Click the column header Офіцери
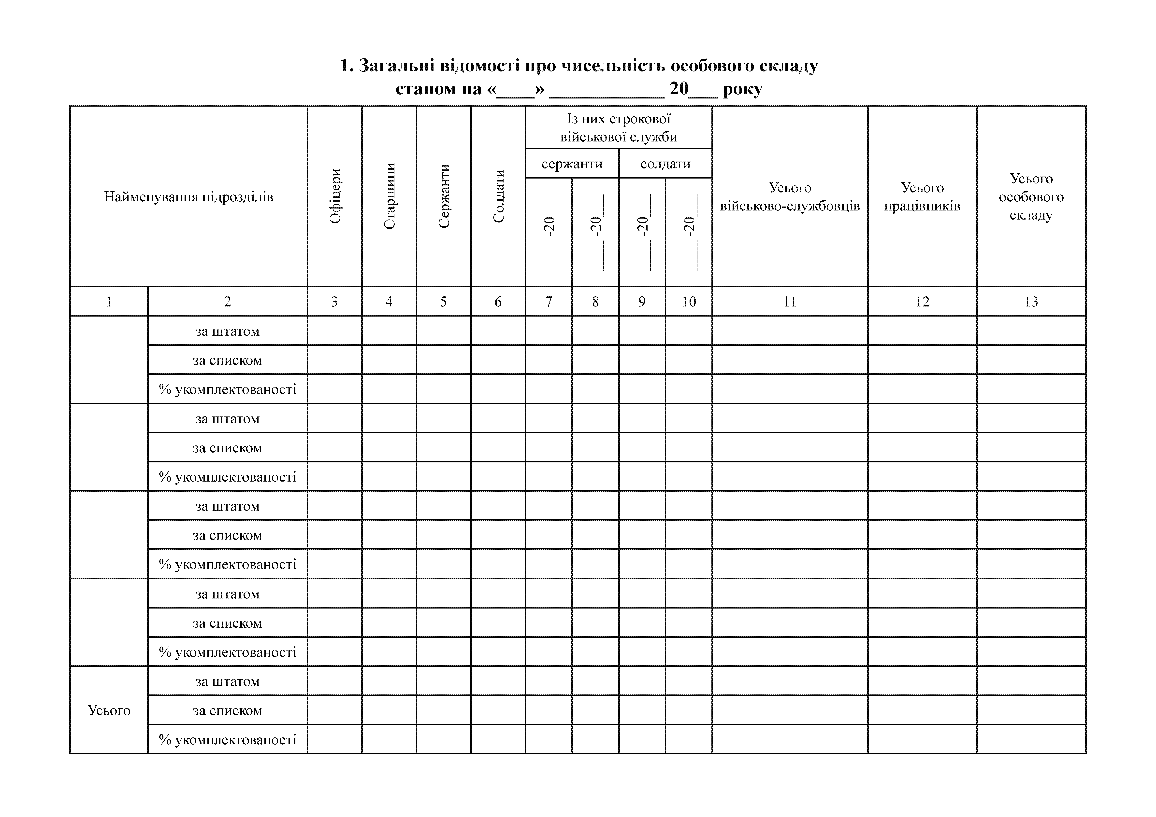tap(335, 196)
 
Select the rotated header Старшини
tap(389, 196)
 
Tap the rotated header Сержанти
tap(444, 196)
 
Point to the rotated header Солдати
tap(498, 196)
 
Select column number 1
tap(109, 302)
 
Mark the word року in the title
tap(742, 89)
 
